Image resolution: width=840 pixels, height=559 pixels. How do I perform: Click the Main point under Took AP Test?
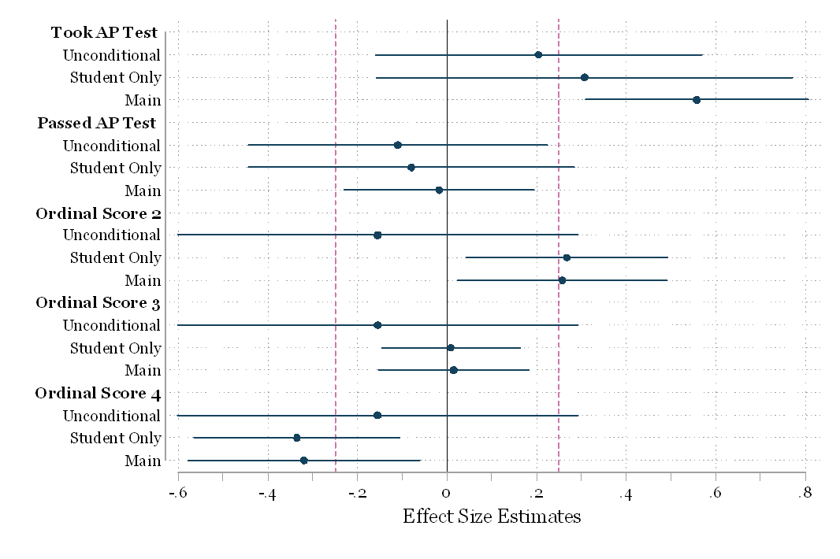tap(697, 100)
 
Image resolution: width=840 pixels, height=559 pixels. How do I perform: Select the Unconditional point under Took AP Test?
tap(538, 55)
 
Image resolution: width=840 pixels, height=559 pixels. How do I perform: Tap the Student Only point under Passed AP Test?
tap(411, 168)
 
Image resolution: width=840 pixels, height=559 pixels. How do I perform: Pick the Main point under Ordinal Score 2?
tap(562, 280)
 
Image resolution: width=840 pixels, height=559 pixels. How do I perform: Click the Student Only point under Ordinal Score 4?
tap(297, 438)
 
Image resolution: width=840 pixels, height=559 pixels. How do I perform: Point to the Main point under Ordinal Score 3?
tap(453, 370)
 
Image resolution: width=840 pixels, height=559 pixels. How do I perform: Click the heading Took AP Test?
tap(104, 33)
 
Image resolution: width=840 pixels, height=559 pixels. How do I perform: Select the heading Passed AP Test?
tap(97, 123)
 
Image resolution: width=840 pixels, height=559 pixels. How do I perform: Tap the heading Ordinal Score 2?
tap(98, 213)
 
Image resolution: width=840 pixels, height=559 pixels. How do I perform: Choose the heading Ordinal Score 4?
tap(98, 394)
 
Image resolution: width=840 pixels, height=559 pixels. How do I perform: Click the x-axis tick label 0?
tap(447, 494)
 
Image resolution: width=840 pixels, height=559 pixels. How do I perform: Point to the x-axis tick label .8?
tap(805, 494)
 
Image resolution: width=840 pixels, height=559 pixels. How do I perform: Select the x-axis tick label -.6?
tap(177, 494)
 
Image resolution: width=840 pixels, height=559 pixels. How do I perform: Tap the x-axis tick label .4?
tap(626, 494)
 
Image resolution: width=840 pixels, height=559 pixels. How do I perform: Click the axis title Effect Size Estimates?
tap(492, 517)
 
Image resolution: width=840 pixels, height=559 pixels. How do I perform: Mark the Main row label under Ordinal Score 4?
tap(143, 461)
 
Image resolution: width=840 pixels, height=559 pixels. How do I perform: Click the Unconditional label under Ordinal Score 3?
tap(112, 325)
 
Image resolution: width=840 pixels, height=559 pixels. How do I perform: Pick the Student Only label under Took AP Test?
tap(116, 78)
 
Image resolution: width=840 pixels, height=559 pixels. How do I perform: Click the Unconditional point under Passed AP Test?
tap(398, 145)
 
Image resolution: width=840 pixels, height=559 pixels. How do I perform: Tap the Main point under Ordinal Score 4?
tap(304, 460)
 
